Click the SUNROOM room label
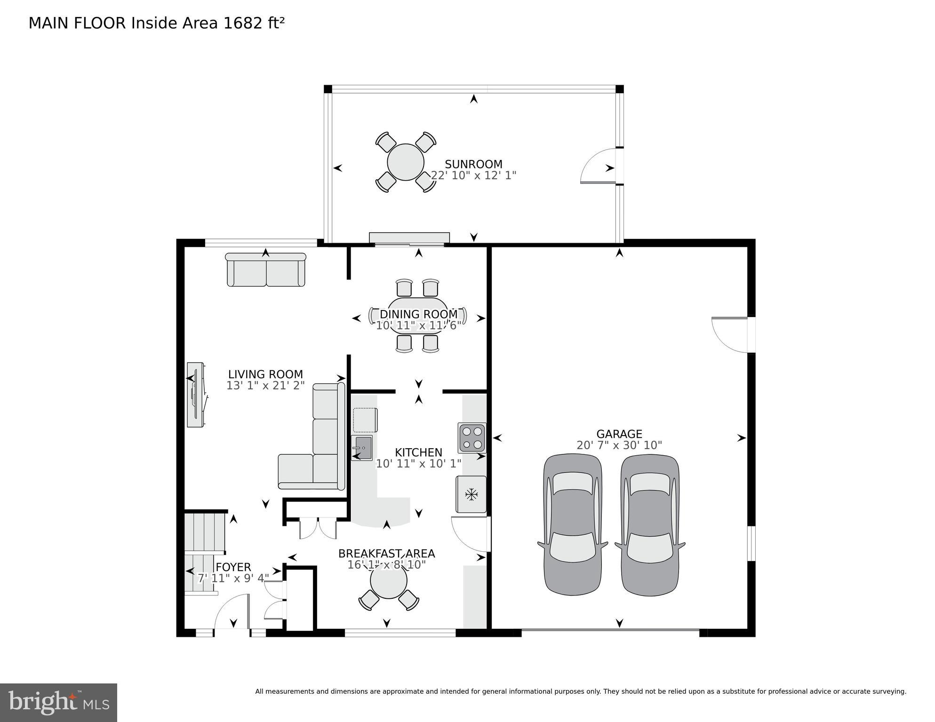[x=473, y=164]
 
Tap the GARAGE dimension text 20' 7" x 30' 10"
[x=619, y=445]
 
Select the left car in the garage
[x=572, y=525]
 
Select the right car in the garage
[x=649, y=525]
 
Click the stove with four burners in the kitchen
[x=472, y=437]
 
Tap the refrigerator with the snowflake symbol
[x=471, y=494]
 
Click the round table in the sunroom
[x=405, y=162]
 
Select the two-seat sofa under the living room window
[x=266, y=270]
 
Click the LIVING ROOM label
[x=265, y=374]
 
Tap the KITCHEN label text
[x=418, y=452]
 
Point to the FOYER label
[x=233, y=567]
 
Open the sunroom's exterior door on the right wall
[x=599, y=167]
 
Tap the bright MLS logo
[x=58, y=703]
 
